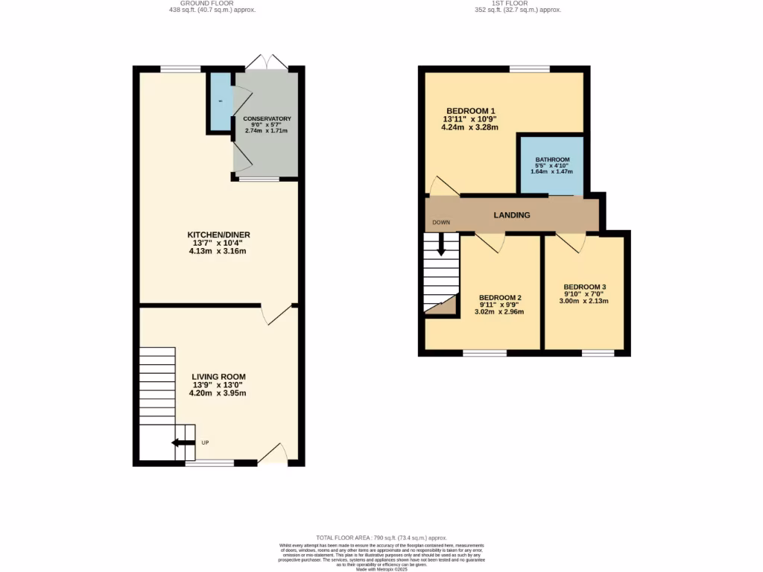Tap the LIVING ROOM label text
tap(218, 377)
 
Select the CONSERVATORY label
tap(266, 119)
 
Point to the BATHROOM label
tap(552, 159)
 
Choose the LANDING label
tap(512, 215)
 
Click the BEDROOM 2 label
tap(499, 297)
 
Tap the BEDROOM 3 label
tap(584, 287)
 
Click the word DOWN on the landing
tap(441, 223)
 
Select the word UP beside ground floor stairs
tap(205, 443)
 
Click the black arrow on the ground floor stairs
tap(182, 444)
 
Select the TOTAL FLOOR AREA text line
tap(381, 538)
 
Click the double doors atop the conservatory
tap(266, 61)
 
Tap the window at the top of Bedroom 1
tap(530, 69)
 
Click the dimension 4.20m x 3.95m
tap(218, 393)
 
